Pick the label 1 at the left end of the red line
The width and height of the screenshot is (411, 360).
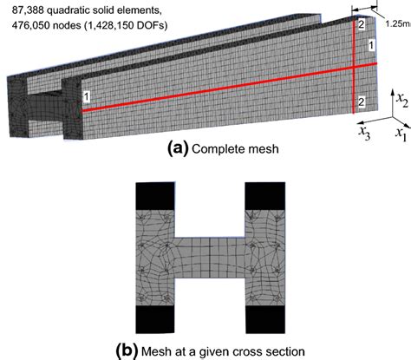click(87, 94)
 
